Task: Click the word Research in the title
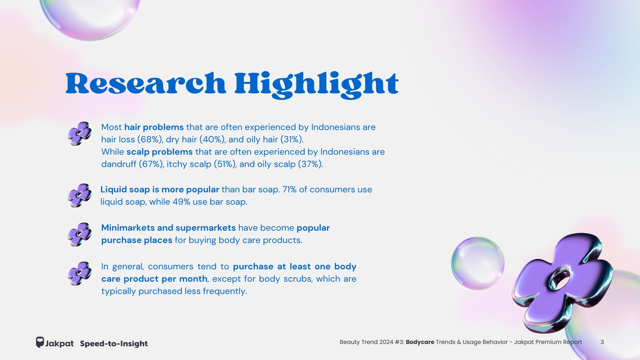(x=146, y=83)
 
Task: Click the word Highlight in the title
(x=316, y=85)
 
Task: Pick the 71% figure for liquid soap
(x=289, y=189)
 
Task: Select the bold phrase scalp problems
(x=159, y=152)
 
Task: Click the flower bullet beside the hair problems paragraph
(x=80, y=133)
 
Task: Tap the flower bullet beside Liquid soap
(x=80, y=195)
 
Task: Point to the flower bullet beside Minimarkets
(x=80, y=234)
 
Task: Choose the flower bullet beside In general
(x=80, y=273)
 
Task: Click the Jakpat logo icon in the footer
(x=40, y=342)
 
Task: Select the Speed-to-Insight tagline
(x=114, y=343)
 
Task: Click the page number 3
(x=602, y=342)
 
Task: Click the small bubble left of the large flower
(x=478, y=263)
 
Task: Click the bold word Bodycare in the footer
(x=420, y=342)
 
